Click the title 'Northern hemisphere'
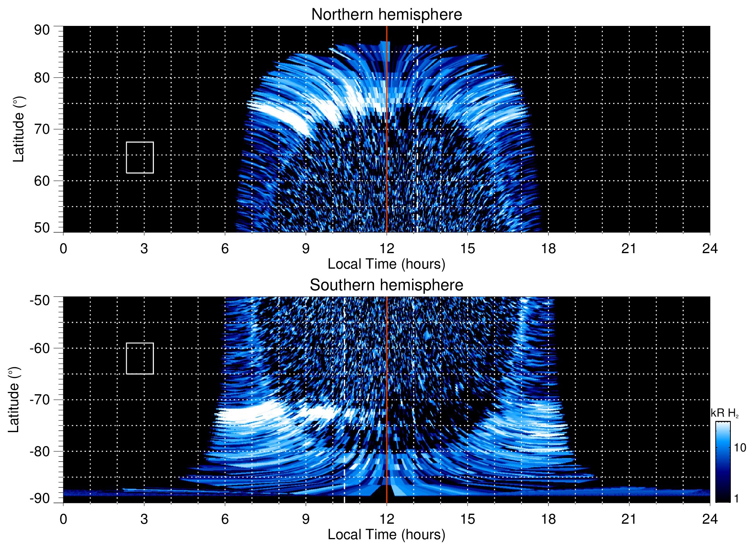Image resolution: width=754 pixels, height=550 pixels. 386,15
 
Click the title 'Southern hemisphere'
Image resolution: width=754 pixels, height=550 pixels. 386,285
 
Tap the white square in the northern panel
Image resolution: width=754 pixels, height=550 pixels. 140,157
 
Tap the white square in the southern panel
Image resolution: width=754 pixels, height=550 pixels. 140,358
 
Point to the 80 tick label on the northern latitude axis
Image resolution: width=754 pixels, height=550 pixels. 42,78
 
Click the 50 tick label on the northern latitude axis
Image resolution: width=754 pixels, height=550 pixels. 42,228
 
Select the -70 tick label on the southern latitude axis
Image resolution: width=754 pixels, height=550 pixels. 39,400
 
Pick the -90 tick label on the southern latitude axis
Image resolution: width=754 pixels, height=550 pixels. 39,498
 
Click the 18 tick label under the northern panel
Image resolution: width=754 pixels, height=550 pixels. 548,249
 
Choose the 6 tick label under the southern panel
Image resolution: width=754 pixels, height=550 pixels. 225,519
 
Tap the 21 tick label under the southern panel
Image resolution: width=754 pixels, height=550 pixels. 629,519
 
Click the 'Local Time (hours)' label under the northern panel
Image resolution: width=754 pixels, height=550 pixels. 386,264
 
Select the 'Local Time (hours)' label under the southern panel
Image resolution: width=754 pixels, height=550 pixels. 386,535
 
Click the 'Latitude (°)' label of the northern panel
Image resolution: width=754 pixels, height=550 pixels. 19,129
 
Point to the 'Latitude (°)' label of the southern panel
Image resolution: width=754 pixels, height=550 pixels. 14,400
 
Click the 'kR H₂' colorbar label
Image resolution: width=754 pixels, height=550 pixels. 725,413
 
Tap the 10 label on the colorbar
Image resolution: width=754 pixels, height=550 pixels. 740,448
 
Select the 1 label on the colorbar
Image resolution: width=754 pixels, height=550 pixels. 736,498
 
